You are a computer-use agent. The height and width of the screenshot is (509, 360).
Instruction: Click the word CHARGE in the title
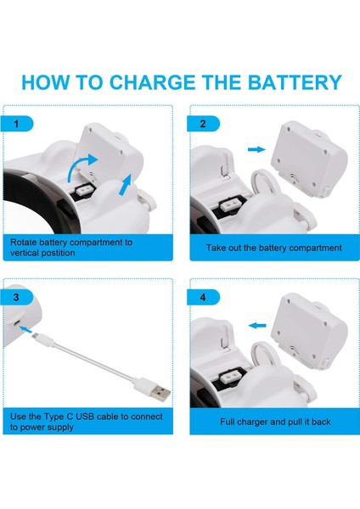tap(153, 82)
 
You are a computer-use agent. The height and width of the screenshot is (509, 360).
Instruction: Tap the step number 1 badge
tap(17, 124)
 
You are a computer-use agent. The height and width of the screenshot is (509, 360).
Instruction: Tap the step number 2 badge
tap(204, 124)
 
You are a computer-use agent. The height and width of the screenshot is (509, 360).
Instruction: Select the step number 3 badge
tap(17, 297)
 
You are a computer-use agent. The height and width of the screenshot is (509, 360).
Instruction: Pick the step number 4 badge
tap(204, 297)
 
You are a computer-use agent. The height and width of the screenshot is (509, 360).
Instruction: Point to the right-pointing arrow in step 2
tap(256, 149)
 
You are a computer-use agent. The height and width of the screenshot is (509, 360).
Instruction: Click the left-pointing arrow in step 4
tap(257, 325)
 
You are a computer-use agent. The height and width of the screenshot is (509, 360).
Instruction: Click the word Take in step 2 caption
tap(216, 248)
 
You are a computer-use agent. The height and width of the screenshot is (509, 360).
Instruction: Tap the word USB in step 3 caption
tap(85, 417)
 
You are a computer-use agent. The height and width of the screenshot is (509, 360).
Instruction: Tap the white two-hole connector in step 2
tap(230, 205)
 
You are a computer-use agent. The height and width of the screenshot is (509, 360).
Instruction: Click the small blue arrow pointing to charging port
tap(25, 329)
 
